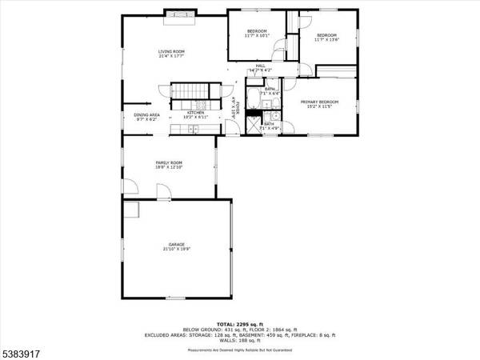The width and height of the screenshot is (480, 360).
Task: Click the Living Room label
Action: point(171,54)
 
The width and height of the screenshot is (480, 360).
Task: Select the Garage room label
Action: point(178,246)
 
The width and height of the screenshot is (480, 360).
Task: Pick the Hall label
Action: point(261,67)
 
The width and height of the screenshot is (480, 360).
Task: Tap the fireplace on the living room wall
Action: point(175,11)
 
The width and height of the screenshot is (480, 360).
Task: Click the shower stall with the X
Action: point(253,126)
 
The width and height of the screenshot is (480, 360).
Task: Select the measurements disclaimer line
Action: point(239,350)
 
